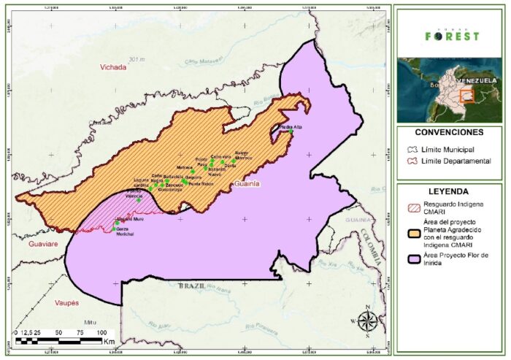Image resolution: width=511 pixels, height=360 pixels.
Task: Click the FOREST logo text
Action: (x=453, y=35)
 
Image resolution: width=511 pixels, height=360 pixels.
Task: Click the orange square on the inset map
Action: (x=467, y=95)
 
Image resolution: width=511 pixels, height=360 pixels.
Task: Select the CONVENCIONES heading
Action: (x=448, y=133)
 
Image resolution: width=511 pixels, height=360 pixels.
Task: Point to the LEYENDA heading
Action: (x=448, y=192)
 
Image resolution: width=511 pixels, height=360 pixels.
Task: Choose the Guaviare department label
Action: (x=42, y=245)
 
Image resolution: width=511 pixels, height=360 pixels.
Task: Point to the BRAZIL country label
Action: (x=191, y=288)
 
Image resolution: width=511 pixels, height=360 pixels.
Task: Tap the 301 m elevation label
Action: (x=137, y=58)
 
